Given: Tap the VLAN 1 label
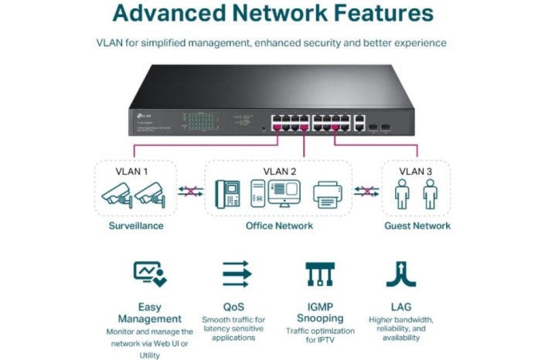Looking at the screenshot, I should [131, 171].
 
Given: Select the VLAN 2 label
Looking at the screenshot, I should [279, 171].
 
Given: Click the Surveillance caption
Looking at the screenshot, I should [135, 226].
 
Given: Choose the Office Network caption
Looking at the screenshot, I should [279, 226].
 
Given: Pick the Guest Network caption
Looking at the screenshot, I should [417, 226].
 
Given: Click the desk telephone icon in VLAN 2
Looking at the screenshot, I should [230, 193].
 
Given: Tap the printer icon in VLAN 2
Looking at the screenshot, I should [328, 194].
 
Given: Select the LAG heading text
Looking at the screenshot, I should [400, 307].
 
